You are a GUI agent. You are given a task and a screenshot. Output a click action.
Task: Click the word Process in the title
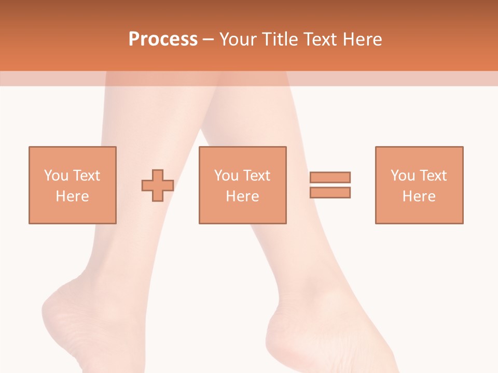163,39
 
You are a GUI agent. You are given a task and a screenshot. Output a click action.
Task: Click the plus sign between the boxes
158,185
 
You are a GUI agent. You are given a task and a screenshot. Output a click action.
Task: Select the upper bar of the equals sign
330,177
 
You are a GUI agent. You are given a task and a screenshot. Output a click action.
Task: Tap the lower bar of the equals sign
330,192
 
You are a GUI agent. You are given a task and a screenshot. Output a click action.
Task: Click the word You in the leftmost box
56,176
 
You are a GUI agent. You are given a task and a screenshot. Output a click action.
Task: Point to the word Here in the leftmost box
72,196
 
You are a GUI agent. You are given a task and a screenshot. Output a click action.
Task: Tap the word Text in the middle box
256,176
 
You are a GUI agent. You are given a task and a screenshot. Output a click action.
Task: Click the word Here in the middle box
242,196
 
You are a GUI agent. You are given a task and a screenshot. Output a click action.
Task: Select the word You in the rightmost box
402,176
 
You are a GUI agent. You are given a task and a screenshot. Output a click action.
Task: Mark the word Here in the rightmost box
419,196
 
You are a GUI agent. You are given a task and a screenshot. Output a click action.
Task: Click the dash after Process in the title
209,39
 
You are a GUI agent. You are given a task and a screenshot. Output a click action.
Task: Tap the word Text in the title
320,39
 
